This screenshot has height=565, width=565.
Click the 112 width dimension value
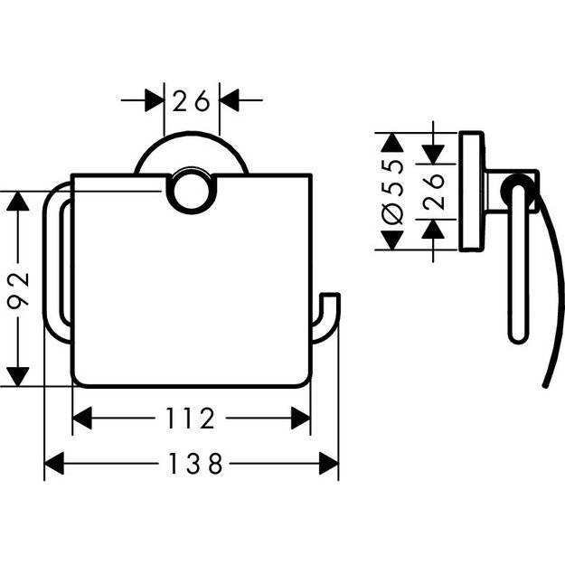[192, 419]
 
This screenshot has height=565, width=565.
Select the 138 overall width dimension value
[192, 465]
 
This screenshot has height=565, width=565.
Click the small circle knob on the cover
[192, 191]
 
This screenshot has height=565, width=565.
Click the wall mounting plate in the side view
[470, 193]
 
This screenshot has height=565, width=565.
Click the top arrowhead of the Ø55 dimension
[392, 141]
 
